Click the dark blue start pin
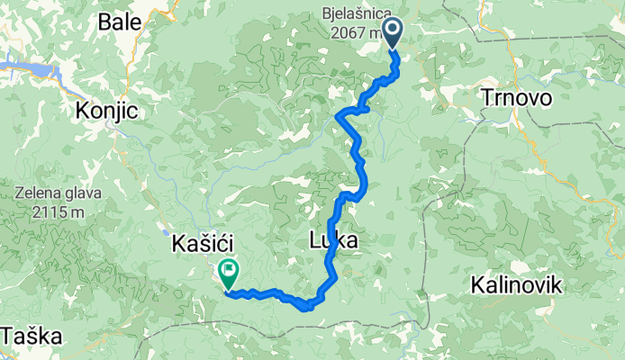tap(394, 34)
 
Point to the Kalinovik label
tap(517, 286)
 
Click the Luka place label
tap(333, 240)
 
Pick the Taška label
tap(32, 337)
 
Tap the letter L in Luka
tap(314, 240)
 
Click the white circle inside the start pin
tap(394, 30)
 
